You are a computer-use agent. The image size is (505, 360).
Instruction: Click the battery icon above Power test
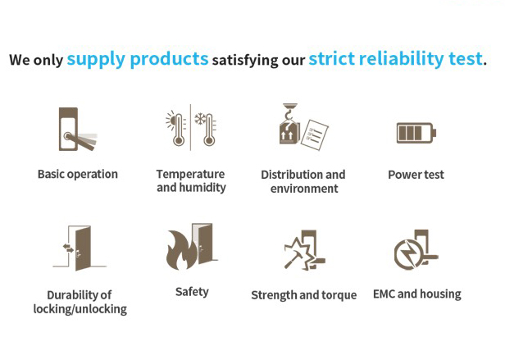[416, 133]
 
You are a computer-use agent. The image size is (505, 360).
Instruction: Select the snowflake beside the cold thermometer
[200, 119]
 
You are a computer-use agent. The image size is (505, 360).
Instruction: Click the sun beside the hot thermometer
[171, 121]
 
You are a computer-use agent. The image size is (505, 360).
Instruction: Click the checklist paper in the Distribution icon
[315, 134]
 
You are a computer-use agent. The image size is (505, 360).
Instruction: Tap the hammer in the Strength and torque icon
[293, 260]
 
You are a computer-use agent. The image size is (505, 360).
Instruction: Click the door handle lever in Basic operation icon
[80, 142]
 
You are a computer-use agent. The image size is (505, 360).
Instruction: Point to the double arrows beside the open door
[68, 248]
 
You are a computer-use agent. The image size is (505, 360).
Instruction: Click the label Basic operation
[78, 174]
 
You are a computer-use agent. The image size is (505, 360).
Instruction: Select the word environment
[304, 189]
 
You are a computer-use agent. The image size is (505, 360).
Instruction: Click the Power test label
[416, 175]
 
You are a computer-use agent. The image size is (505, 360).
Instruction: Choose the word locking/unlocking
[80, 309]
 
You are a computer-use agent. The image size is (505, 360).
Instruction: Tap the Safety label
[192, 292]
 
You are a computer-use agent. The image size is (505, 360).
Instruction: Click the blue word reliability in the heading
[402, 59]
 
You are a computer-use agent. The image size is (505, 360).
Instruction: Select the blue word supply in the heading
[96, 60]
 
